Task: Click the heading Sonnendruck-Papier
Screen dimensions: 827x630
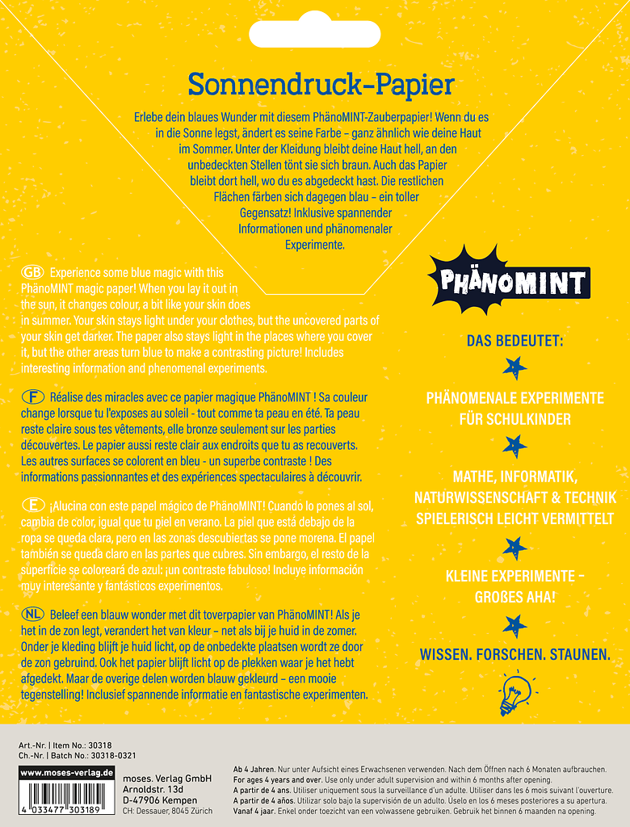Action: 321,84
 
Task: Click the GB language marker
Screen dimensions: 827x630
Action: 33,272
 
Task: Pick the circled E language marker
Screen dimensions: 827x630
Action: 33,505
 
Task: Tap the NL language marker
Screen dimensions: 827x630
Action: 33,615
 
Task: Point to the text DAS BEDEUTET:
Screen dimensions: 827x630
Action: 514,341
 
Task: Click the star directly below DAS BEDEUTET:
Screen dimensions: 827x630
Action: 514,367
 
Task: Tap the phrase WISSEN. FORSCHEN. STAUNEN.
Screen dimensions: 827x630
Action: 514,654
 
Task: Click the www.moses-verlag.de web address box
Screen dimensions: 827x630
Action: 66,773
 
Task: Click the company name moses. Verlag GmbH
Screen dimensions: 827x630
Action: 166,778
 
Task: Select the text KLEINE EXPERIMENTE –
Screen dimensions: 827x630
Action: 514,576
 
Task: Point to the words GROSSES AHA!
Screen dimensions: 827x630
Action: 514,598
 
